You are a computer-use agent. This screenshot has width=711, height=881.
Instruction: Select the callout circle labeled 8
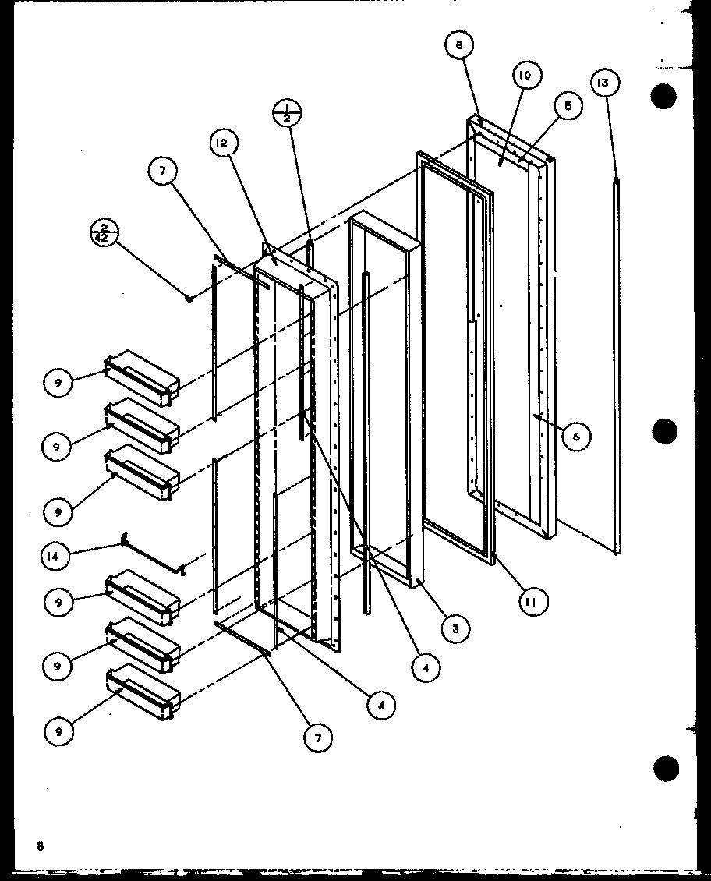459,46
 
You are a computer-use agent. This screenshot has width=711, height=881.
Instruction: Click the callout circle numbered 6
576,437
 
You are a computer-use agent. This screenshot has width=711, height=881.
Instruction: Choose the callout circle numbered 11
533,601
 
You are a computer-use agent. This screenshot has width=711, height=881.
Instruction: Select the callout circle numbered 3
455,628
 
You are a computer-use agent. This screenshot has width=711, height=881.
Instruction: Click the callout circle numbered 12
222,143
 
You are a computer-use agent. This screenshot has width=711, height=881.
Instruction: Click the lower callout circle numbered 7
318,738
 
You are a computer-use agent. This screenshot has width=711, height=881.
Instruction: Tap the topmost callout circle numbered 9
58,383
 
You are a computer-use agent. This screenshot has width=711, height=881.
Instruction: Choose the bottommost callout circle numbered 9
58,731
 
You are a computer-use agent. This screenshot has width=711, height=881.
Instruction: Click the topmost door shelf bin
142,378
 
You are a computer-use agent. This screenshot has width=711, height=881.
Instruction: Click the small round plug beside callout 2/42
189,298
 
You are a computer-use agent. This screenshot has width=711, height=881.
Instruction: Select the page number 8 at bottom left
37,845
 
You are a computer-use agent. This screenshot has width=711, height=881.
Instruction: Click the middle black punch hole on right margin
665,430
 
